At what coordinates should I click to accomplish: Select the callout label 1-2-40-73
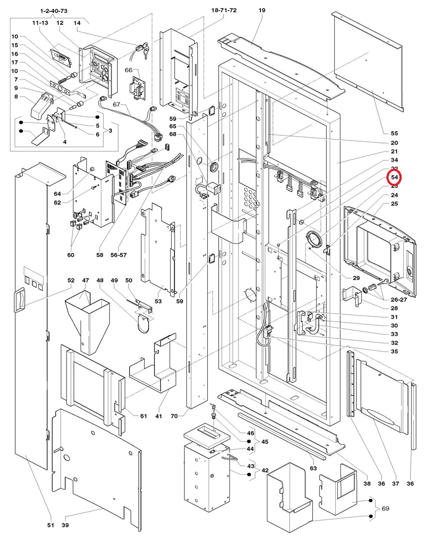pos(53,10)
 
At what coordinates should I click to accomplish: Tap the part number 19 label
pos(262,10)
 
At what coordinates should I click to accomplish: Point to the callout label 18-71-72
pos(224,10)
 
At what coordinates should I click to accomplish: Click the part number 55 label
pos(394,133)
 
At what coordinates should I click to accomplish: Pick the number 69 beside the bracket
pos(385,508)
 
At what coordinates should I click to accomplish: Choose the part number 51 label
pos(50,525)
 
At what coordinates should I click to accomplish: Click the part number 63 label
pos(313,468)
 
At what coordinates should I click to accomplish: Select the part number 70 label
pos(174,416)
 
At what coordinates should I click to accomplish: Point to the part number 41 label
pos(159,416)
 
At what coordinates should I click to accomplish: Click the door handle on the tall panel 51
pos(19,300)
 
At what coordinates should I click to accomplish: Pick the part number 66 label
pos(129,70)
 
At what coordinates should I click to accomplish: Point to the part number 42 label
pos(265,470)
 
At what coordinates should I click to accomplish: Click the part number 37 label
pos(395,483)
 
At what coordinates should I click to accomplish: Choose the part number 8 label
pos(16,97)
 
